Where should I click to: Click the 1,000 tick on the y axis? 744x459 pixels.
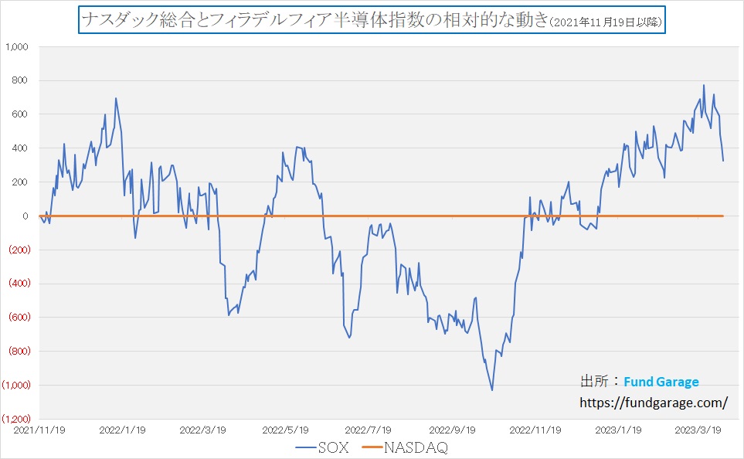click(x=17, y=47)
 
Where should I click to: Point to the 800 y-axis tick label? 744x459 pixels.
click(x=21, y=81)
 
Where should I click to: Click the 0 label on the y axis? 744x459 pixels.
click(x=25, y=216)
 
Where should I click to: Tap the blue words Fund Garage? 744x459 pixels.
click(x=661, y=382)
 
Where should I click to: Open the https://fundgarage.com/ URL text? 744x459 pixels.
click(x=654, y=403)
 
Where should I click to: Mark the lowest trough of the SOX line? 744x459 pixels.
click(x=492, y=389)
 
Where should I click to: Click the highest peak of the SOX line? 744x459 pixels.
click(x=704, y=85)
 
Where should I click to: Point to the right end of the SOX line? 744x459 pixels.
click(x=723, y=161)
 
